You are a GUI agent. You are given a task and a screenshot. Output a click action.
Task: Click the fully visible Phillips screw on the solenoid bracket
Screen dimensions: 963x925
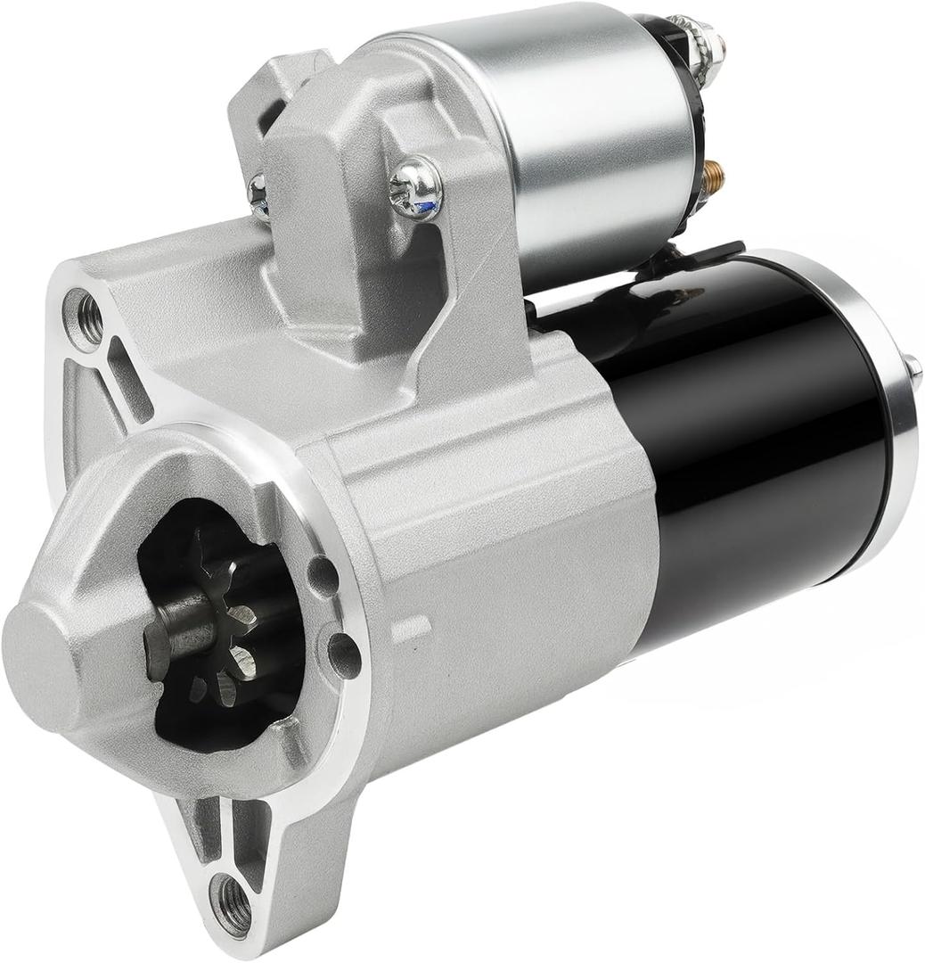point(415,188)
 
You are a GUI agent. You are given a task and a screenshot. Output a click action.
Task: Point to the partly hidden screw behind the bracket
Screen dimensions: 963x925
point(258,195)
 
